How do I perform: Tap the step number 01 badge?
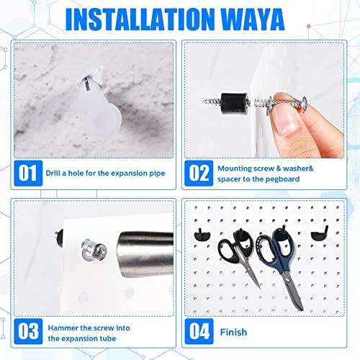tap(27, 174)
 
